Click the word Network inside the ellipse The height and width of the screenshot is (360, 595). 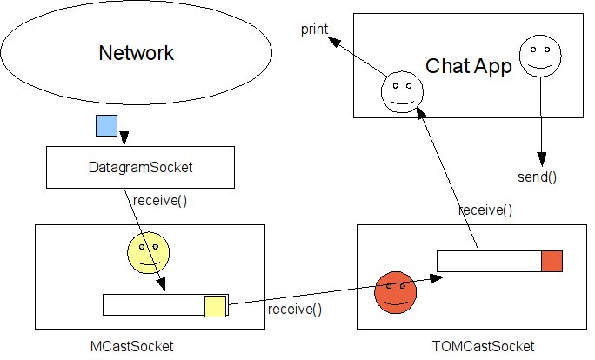pyautogui.click(x=136, y=53)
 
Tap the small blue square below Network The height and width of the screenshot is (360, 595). pyautogui.click(x=106, y=127)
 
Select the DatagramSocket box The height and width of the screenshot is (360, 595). pyautogui.click(x=139, y=168)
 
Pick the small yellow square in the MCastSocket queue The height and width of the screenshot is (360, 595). pyautogui.click(x=215, y=306)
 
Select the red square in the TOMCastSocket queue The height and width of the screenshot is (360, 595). pyautogui.click(x=552, y=261)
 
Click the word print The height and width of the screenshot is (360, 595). pyautogui.click(x=314, y=30)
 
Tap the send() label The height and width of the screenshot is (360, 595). pyautogui.click(x=538, y=178)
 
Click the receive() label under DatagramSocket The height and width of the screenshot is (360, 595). pyautogui.click(x=159, y=201)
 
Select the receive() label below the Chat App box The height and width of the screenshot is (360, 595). pyautogui.click(x=485, y=210)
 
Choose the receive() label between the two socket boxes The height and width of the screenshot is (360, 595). pyautogui.click(x=294, y=309)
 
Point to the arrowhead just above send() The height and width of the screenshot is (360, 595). pyautogui.click(x=541, y=161)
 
